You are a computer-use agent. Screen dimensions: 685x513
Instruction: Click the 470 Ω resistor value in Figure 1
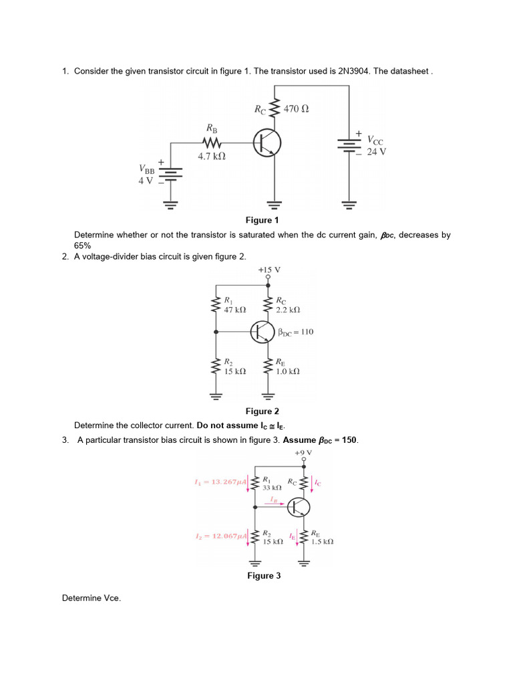point(296,108)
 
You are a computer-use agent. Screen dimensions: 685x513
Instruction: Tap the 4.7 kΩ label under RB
point(211,157)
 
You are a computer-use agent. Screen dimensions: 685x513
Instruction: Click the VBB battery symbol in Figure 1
point(171,175)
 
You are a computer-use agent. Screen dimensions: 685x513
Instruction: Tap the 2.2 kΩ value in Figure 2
point(288,310)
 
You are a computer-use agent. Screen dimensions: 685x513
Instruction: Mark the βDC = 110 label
point(295,332)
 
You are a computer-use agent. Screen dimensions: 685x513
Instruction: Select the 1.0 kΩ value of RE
point(288,371)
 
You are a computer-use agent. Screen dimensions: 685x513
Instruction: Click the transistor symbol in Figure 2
point(263,330)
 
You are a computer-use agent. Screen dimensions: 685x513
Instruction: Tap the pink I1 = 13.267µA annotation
point(220,482)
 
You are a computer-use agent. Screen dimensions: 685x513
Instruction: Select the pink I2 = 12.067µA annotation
point(220,536)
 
